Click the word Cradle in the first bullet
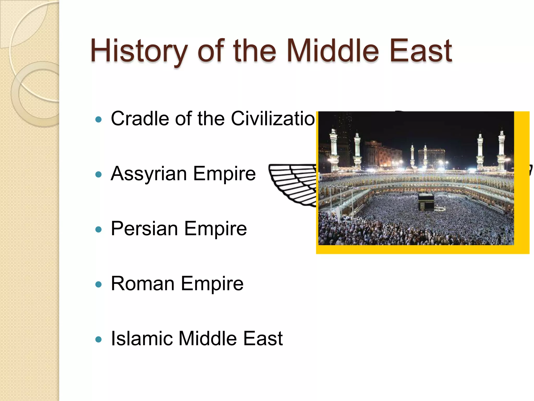[x=140, y=119]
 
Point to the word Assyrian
[x=149, y=174]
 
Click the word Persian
[x=144, y=229]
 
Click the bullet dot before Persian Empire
[x=98, y=229]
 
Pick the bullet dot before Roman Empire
[x=98, y=284]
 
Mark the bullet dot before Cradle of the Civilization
[x=98, y=120]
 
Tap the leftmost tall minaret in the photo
[x=334, y=149]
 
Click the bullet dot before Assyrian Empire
[x=98, y=174]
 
